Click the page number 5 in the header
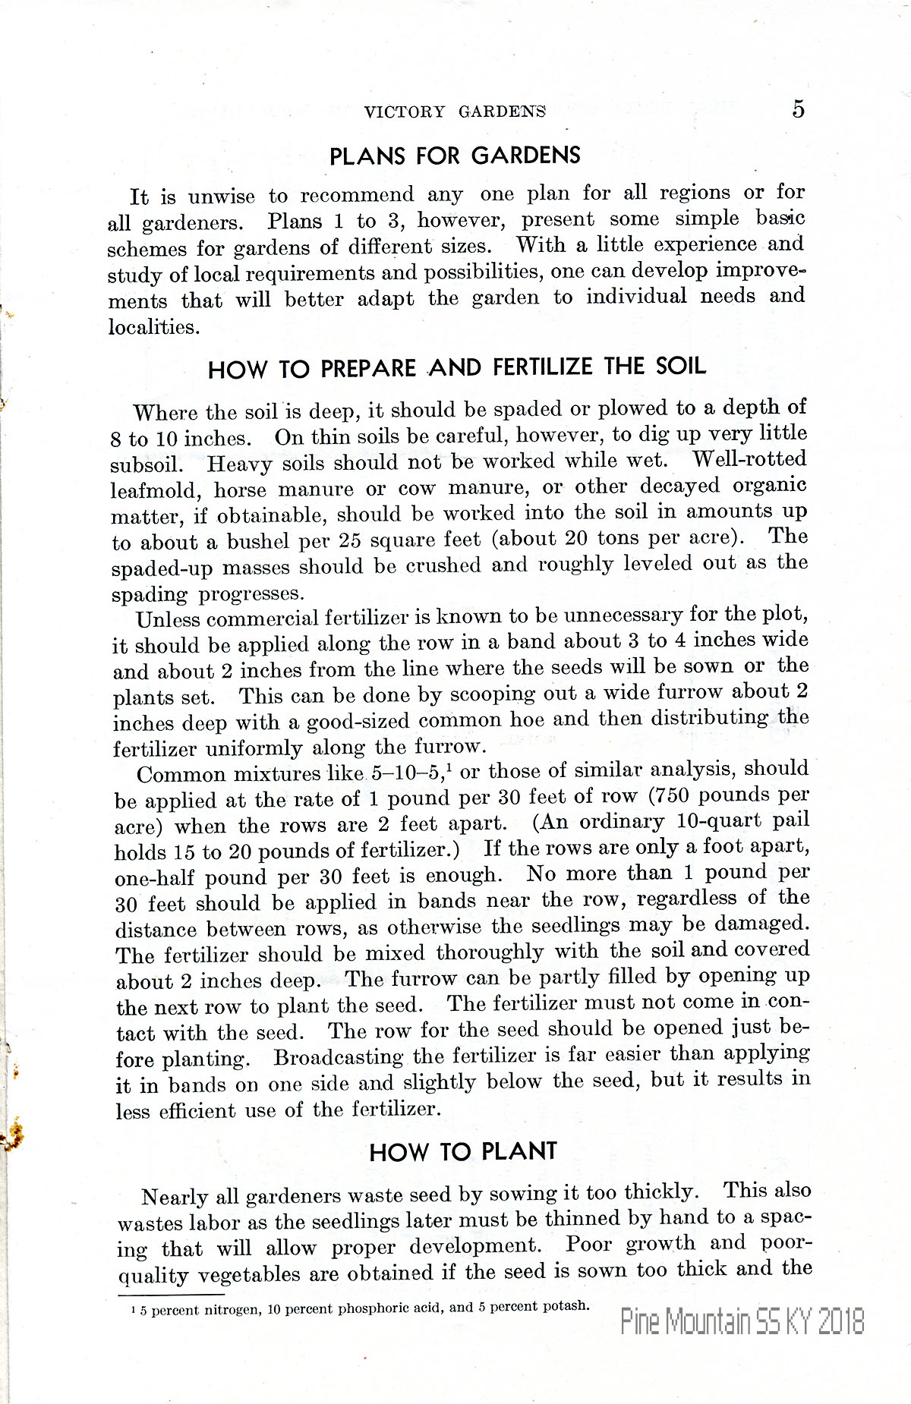click(798, 109)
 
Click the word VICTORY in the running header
click(404, 112)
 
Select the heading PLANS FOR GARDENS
click(455, 156)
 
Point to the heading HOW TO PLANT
click(463, 1151)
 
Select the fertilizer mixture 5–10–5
click(408, 774)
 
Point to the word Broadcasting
click(339, 1057)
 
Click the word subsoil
click(146, 464)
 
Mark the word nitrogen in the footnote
click(230, 1310)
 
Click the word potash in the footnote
click(561, 1306)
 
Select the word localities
click(153, 327)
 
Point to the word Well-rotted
click(749, 459)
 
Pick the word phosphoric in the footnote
click(371, 1308)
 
